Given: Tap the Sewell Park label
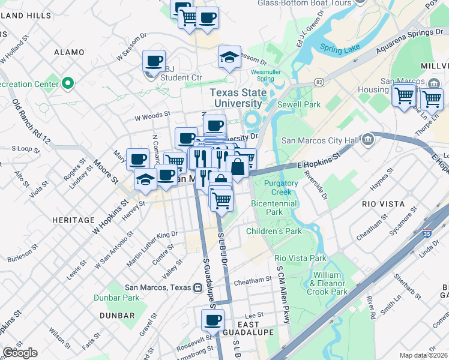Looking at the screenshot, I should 303,104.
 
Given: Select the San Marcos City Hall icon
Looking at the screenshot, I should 368,140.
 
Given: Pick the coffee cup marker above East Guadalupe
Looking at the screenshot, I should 212,320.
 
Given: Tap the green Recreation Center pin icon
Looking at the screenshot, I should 68,83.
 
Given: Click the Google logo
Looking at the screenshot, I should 20,353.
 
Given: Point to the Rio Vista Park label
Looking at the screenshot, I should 300,258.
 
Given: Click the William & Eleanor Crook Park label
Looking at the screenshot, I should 330,283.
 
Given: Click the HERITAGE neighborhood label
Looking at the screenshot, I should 73,220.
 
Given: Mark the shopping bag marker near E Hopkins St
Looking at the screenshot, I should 238,167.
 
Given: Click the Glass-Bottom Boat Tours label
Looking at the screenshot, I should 304,3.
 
